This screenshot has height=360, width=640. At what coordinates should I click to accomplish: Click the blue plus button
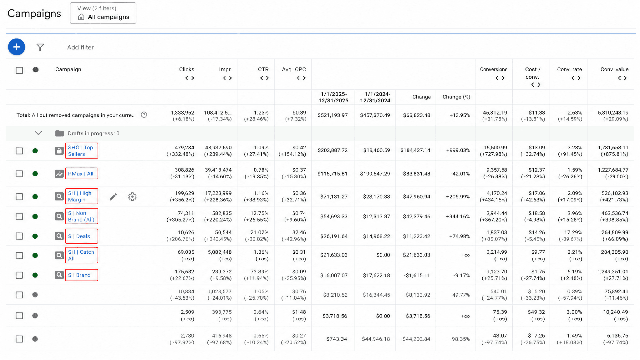(x=17, y=47)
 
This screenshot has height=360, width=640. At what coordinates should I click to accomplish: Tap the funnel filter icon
(x=40, y=47)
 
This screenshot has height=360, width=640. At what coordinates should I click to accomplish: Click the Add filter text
(x=80, y=47)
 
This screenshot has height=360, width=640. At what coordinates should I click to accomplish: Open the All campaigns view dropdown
(x=103, y=13)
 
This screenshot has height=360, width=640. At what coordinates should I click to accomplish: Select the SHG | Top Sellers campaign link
(x=80, y=151)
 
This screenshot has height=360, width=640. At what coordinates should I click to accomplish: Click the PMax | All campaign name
(x=81, y=174)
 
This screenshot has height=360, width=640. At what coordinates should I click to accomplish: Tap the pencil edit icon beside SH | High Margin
(x=113, y=197)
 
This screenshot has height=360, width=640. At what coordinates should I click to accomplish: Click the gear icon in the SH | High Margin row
(x=132, y=197)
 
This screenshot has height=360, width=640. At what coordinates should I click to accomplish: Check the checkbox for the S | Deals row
(x=19, y=236)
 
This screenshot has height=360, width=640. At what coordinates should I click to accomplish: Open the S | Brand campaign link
(x=79, y=275)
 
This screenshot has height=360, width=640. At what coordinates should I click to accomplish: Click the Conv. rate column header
(x=569, y=69)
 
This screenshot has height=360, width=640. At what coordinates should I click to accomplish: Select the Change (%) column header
(x=456, y=97)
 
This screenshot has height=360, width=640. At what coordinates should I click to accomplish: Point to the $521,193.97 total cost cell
(x=333, y=115)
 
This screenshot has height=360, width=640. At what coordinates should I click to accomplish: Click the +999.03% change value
(x=458, y=150)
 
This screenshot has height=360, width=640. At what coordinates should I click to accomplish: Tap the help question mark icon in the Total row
(x=144, y=115)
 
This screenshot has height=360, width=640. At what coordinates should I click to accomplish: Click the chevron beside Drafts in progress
(x=38, y=133)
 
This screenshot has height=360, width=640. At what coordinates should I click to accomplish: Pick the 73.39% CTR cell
(x=259, y=271)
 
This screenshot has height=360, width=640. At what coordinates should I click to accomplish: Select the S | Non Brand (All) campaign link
(x=81, y=216)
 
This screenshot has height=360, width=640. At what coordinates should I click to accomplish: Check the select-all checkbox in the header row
(x=19, y=70)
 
